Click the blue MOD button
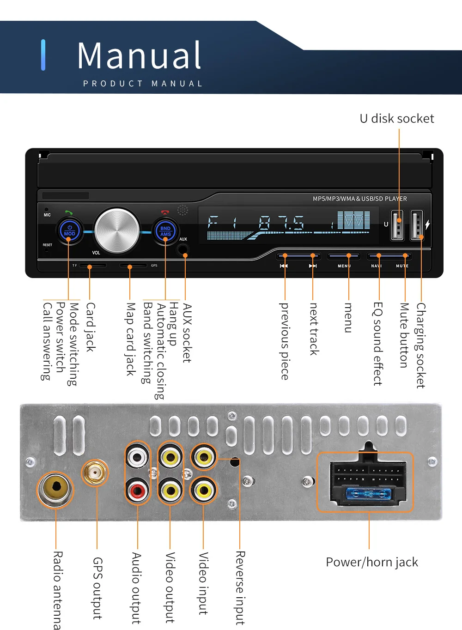69,230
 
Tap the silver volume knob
117,230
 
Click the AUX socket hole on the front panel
182,249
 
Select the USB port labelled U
397,225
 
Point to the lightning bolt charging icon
427,224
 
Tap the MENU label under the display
344,266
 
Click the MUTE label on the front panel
402,266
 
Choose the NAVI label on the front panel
376,266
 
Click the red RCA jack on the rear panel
137,491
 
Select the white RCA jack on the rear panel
137,457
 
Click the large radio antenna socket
55,490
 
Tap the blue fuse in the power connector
369,493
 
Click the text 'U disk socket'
397,118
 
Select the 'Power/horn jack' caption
372,562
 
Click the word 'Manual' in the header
139,55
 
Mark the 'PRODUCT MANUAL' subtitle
143,84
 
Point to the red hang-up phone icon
165,212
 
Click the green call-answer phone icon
69,212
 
